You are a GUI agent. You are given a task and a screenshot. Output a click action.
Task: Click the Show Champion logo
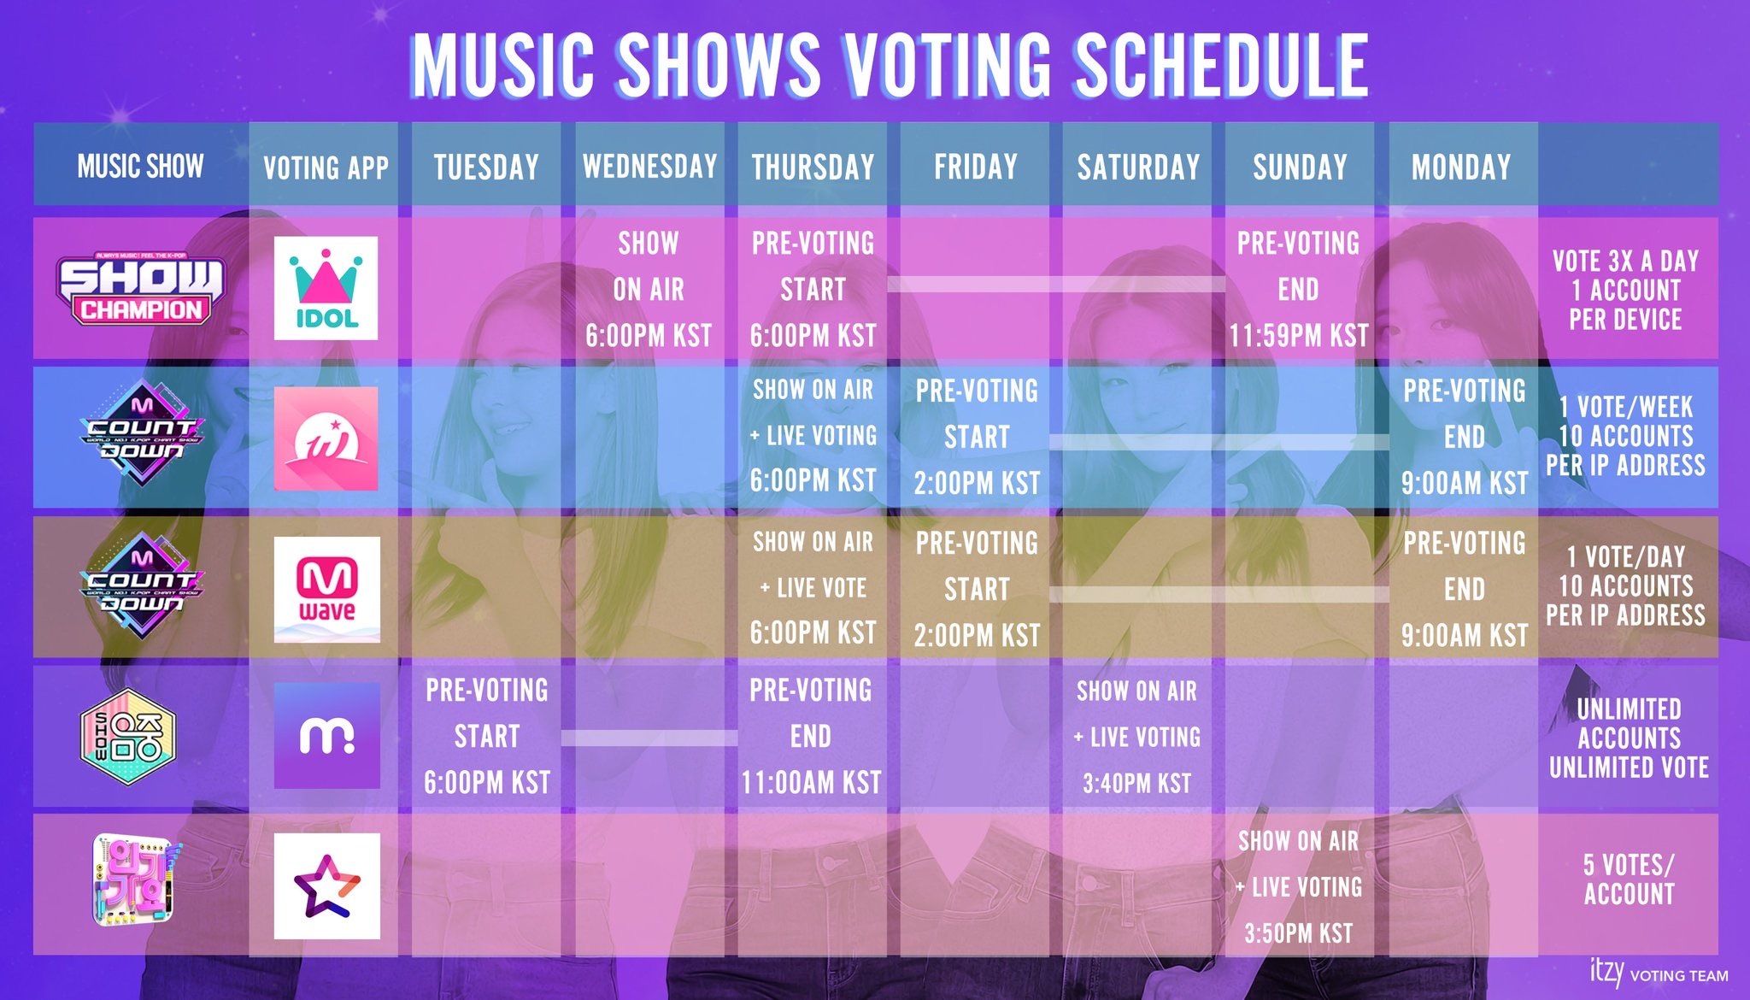[141, 289]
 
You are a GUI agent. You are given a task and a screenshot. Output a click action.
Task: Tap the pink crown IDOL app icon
[326, 288]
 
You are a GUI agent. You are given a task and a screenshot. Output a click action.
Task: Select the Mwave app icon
[326, 590]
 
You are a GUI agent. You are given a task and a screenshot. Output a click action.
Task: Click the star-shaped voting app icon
[326, 886]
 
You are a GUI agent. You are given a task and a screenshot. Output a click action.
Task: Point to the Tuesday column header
[486, 167]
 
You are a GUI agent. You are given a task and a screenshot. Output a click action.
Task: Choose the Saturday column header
[1138, 167]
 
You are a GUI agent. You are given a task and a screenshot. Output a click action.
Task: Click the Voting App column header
[326, 168]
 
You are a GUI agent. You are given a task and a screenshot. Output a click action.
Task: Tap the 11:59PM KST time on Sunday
[1299, 335]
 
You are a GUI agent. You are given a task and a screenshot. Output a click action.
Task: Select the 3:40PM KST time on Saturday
[1136, 783]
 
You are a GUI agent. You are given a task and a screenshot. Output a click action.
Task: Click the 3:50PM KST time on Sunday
[1298, 932]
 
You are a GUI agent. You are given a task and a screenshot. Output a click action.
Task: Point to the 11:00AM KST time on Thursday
[811, 782]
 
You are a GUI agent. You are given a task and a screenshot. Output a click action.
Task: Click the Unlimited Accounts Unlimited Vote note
[1629, 738]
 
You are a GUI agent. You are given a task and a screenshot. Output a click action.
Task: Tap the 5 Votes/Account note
[1629, 879]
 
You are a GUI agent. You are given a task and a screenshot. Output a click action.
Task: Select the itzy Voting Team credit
[1659, 974]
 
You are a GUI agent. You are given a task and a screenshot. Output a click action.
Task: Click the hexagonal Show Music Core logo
[127, 736]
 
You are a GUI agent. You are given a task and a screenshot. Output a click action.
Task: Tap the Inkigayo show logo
[137, 880]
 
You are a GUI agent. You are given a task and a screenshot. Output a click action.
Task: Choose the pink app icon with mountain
[326, 438]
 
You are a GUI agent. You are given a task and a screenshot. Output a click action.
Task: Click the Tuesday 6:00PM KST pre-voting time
[487, 782]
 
